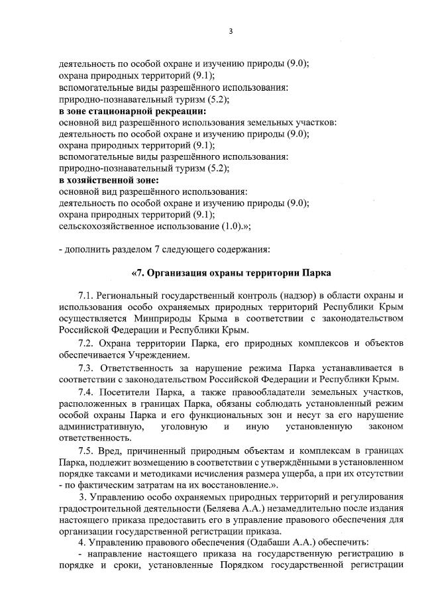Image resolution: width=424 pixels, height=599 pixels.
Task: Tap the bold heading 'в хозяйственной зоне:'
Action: point(109,180)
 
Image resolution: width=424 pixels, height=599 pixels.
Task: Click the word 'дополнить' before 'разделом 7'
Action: point(85,249)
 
